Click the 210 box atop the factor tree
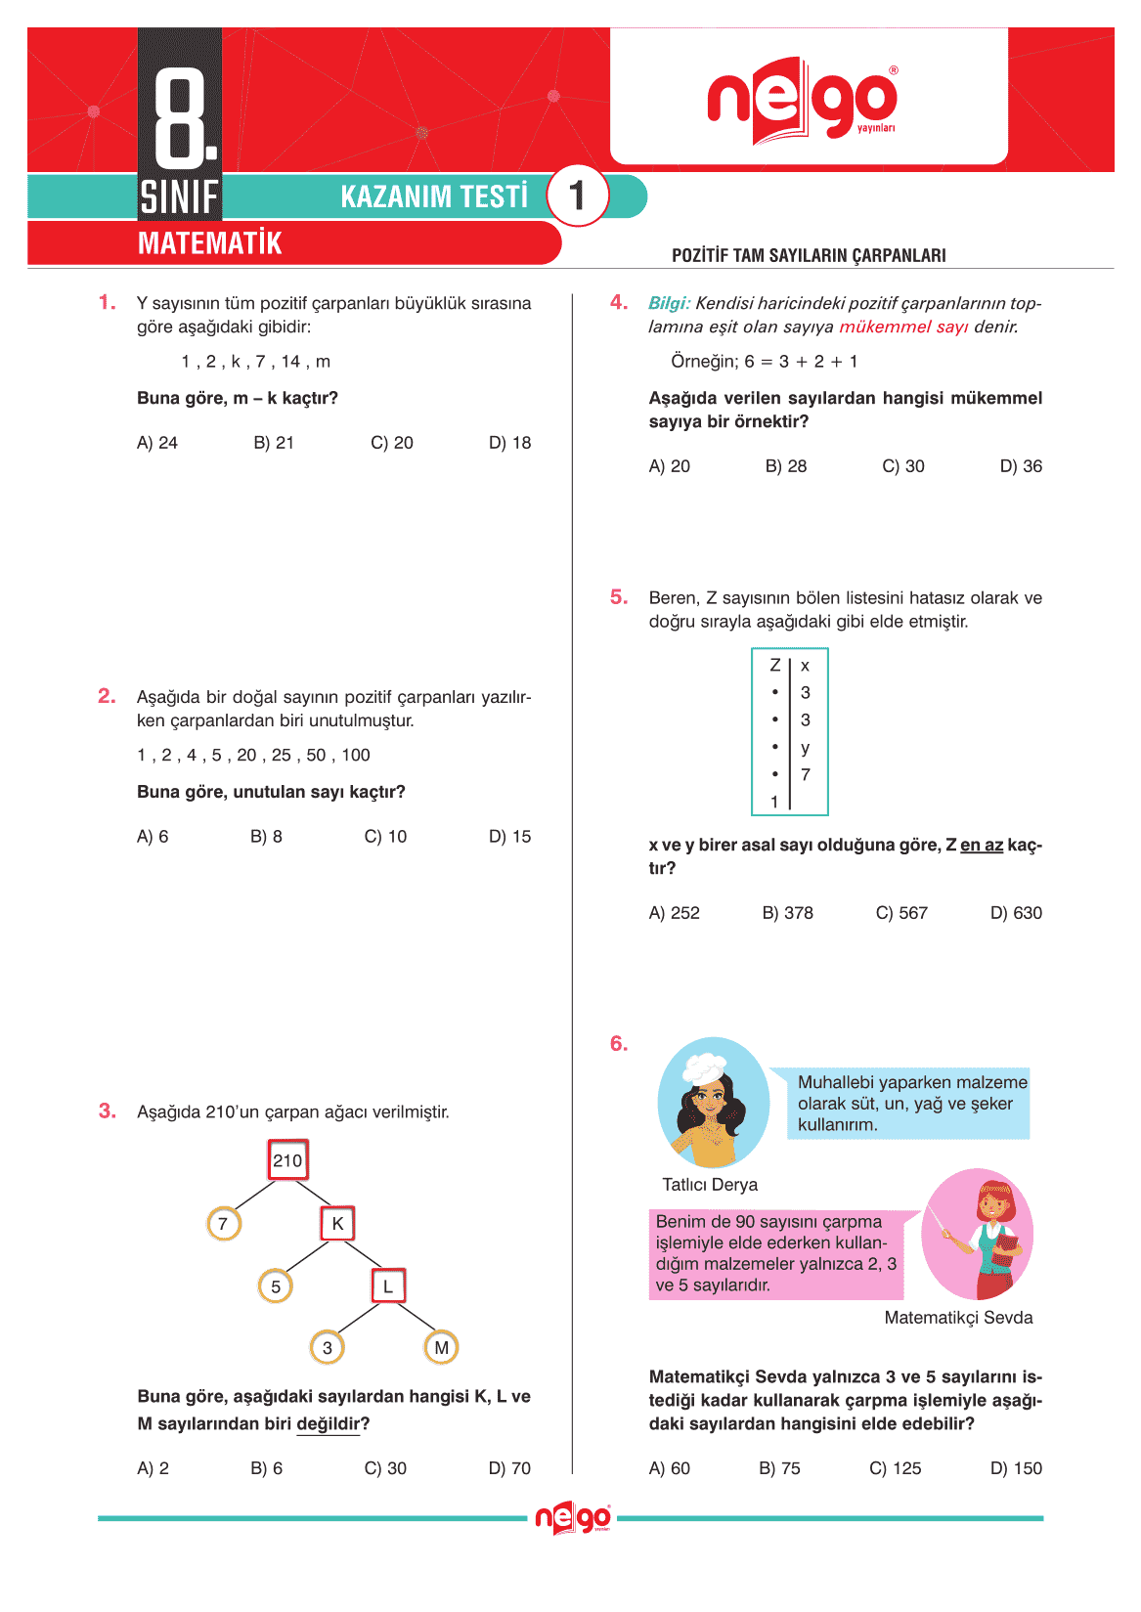[x=288, y=1160]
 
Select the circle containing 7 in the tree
[x=224, y=1223]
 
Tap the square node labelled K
[x=337, y=1223]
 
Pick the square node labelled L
[x=388, y=1285]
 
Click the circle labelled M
[x=441, y=1347]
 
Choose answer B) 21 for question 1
[x=274, y=443]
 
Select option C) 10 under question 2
[x=385, y=837]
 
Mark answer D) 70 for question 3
[x=509, y=1468]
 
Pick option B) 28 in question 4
[x=786, y=466]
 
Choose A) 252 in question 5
[x=675, y=913]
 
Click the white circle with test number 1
[x=577, y=196]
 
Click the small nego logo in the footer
[x=573, y=1518]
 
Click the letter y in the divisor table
[x=806, y=748]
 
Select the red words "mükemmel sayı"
[x=903, y=327]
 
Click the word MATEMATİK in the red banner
[x=210, y=243]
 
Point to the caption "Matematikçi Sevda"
[x=958, y=1318]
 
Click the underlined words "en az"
[x=982, y=845]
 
